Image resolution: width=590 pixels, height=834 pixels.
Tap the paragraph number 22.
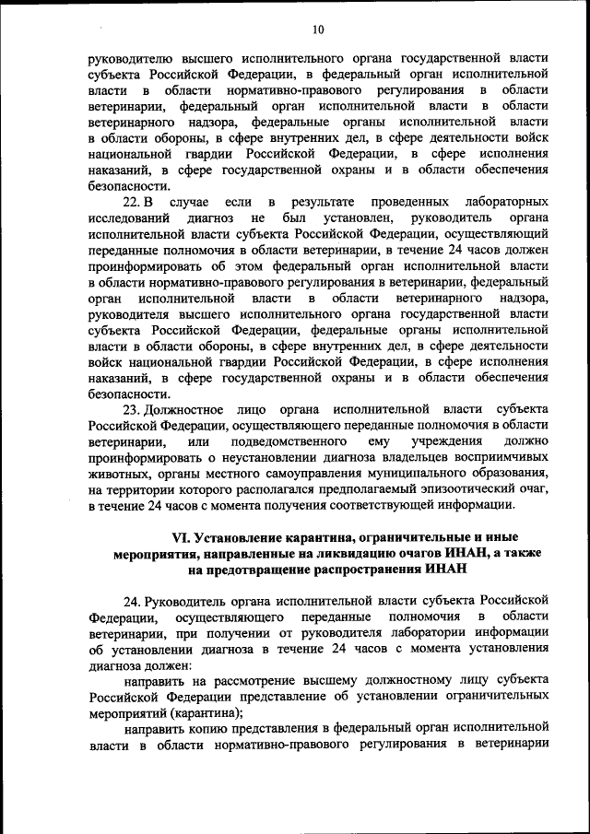[131, 201]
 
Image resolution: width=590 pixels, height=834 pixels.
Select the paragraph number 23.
[131, 407]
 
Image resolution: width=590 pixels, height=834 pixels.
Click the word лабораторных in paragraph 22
[510, 201]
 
